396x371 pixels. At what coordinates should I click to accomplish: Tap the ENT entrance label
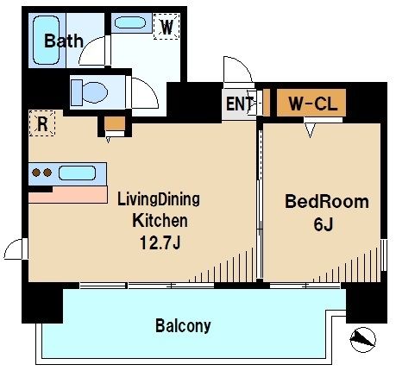click(239, 104)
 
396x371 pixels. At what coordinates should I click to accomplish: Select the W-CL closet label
click(311, 104)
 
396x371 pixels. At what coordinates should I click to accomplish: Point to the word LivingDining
click(159, 199)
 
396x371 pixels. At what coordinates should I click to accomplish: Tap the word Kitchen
click(159, 219)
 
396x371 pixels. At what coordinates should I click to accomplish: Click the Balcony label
click(183, 326)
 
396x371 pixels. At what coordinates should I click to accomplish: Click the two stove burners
click(41, 173)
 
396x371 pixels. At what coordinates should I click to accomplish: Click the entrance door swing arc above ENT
click(234, 72)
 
